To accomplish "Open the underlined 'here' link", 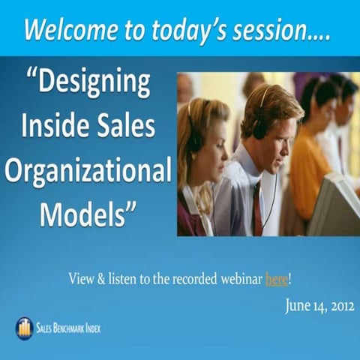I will [276, 279].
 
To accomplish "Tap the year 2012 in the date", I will [337, 305].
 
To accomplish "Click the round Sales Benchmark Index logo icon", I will [24, 328].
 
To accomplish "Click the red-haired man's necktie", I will [256, 202].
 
